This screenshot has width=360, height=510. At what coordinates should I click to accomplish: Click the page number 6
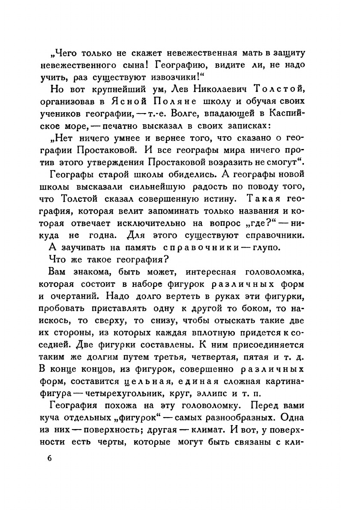[x=50, y=458]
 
